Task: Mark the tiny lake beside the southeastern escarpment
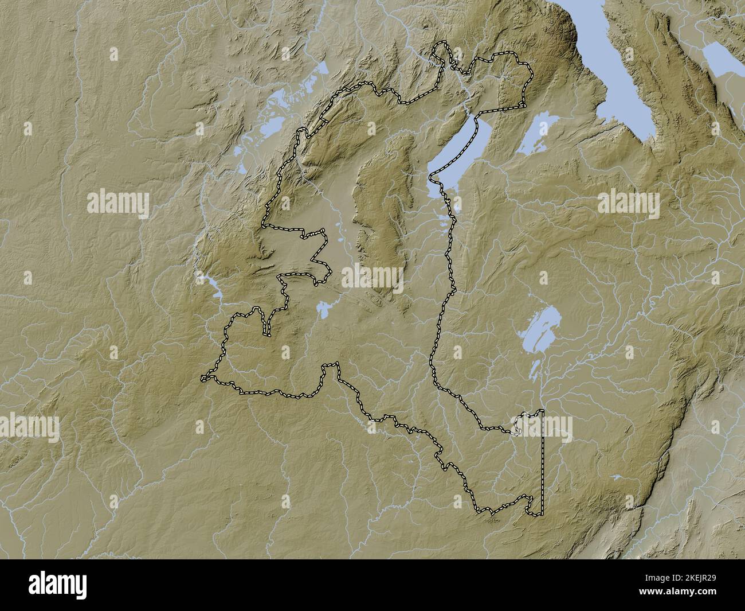tap(616, 476)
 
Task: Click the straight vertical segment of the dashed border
tap(542, 459)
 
